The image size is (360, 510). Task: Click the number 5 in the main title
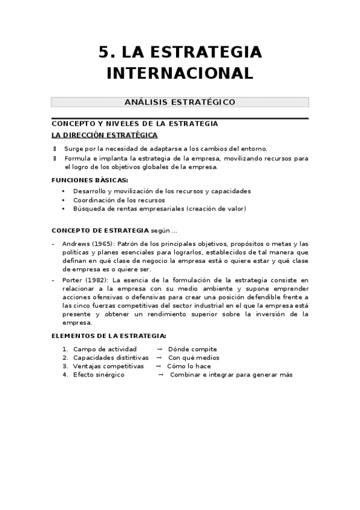pos(104,52)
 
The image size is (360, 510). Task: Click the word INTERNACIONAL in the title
pos(180,73)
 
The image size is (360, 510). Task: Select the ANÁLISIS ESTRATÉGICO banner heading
pos(180,102)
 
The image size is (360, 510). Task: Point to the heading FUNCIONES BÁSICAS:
pos(90,180)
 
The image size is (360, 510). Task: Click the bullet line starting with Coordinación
pos(119,200)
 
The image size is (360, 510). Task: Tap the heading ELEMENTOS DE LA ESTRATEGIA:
pos(109,336)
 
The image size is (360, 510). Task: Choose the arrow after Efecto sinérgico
pos(160,374)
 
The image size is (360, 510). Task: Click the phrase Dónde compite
pos(192,349)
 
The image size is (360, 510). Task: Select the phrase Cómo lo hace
pos(189,366)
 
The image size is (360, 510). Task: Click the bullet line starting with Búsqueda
pos(159,209)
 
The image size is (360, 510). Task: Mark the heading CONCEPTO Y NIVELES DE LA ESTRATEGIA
pos(135,123)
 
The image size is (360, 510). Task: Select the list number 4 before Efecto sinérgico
pos(64,374)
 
